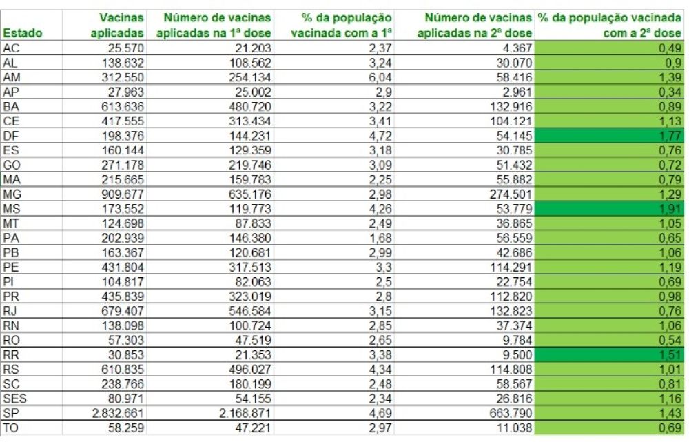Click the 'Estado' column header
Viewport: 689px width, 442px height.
tap(23, 33)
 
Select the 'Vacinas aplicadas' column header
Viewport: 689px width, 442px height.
tap(117, 26)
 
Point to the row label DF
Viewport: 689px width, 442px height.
tap(10, 136)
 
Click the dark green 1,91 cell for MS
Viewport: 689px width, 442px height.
tap(610, 208)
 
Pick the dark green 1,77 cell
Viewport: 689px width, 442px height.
tap(610, 135)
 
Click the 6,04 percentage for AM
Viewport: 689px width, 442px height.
tap(380, 77)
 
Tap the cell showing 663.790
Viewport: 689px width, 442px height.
tap(511, 414)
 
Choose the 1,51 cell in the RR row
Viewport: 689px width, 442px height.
tap(610, 354)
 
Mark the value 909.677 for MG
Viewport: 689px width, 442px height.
tap(123, 194)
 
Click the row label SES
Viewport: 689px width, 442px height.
tap(14, 399)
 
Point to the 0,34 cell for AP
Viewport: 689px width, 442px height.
tap(670, 92)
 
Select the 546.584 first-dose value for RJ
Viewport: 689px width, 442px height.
tap(249, 311)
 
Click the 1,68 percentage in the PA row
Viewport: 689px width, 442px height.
tap(380, 238)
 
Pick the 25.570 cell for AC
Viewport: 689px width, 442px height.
tap(125, 48)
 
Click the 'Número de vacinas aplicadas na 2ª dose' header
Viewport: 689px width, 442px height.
tap(474, 26)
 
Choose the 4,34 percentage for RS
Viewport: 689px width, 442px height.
tap(380, 370)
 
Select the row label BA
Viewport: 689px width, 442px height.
tap(10, 106)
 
